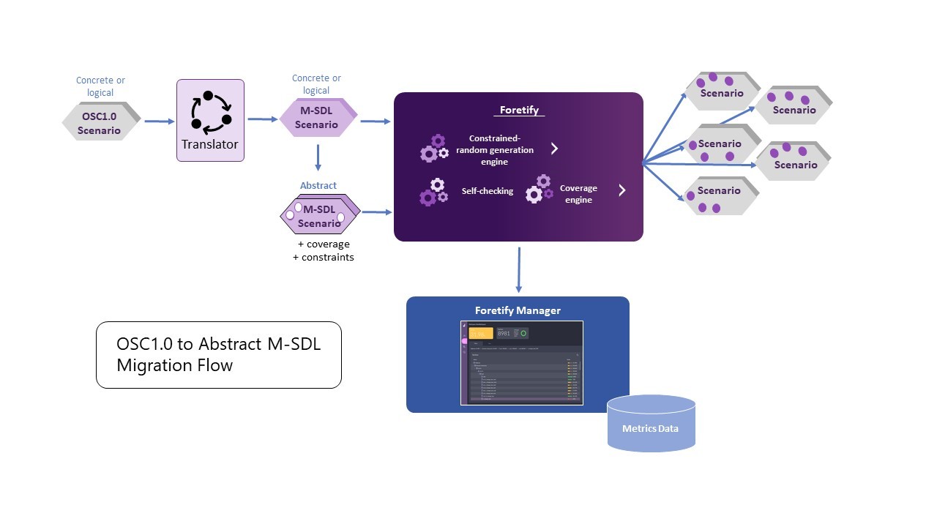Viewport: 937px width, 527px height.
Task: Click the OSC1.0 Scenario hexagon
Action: pyautogui.click(x=100, y=122)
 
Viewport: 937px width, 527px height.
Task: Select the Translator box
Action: pyautogui.click(x=210, y=121)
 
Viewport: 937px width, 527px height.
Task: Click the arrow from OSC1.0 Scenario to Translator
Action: pyautogui.click(x=160, y=122)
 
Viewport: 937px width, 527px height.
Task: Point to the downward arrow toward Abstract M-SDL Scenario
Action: pyautogui.click(x=318, y=157)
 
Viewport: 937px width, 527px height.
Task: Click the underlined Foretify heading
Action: pyautogui.click(x=519, y=111)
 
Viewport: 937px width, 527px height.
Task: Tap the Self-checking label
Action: pyautogui.click(x=487, y=191)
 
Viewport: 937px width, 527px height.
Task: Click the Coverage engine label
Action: pyautogui.click(x=578, y=194)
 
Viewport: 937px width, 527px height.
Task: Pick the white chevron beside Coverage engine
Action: pyautogui.click(x=621, y=190)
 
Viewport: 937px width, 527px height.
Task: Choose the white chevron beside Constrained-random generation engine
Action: pyautogui.click(x=554, y=149)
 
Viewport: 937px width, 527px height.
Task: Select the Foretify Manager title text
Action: pyautogui.click(x=518, y=310)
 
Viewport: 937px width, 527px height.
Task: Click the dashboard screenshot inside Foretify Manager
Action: pyautogui.click(x=521, y=362)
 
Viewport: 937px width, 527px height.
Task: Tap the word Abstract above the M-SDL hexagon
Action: pyautogui.click(x=318, y=186)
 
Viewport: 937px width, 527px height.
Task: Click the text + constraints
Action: pyautogui.click(x=323, y=257)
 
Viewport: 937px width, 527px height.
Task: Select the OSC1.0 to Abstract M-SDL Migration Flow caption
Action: pyautogui.click(x=218, y=355)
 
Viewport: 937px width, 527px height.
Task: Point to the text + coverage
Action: pyautogui.click(x=324, y=244)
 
